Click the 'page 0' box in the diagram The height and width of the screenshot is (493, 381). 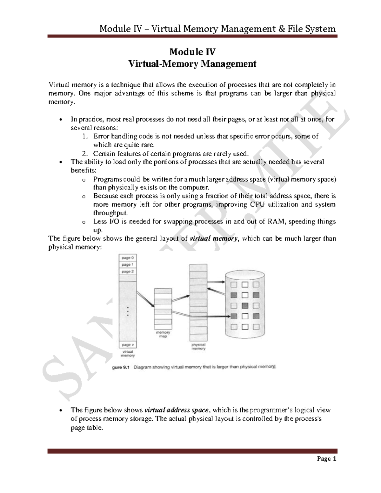pos(128,258)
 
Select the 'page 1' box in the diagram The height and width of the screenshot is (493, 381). pos(128,265)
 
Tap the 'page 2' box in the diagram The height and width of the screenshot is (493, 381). pos(128,272)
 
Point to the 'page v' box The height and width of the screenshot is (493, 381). pos(128,345)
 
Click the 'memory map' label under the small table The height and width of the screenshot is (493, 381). pos(163,334)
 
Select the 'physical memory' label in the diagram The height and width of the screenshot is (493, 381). pos(198,346)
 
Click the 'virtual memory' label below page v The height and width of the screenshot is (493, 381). pos(128,354)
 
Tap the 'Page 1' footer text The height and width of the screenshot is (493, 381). pos(328,459)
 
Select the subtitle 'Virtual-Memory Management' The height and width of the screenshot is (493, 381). pos(192,64)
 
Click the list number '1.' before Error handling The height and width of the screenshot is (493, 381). pos(84,137)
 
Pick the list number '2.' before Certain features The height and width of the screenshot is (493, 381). pos(84,154)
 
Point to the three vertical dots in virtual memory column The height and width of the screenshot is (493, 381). pos(128,311)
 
